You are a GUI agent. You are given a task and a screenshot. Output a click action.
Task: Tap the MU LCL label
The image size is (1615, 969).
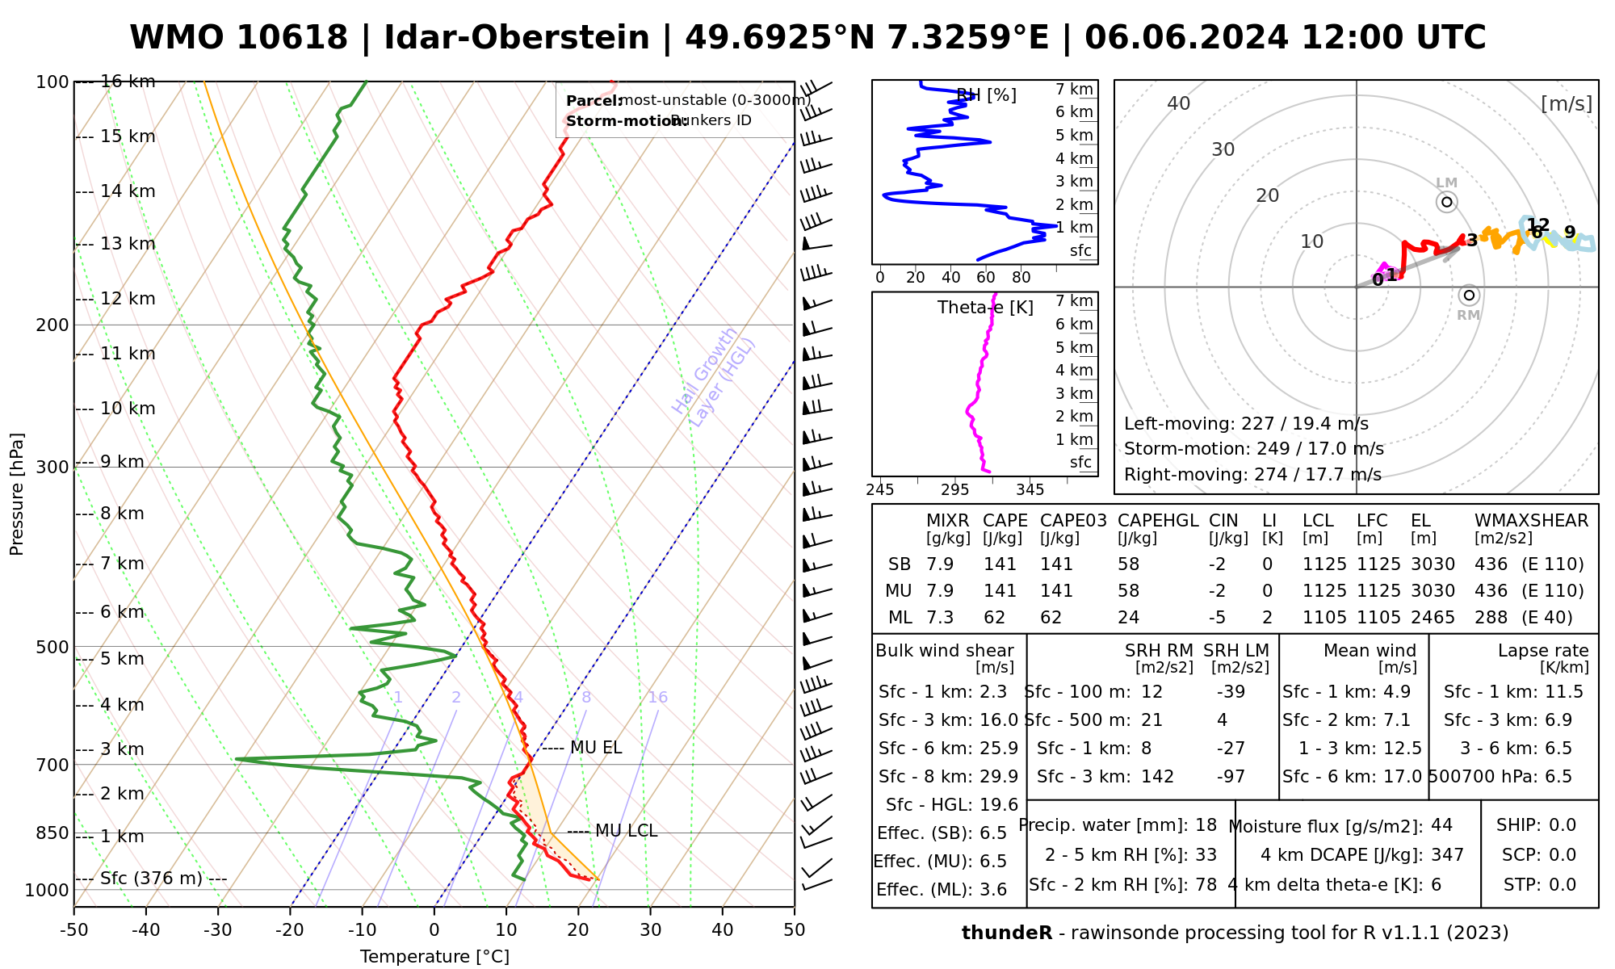click(626, 831)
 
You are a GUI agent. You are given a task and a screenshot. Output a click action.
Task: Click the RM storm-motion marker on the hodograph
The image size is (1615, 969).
click(1469, 296)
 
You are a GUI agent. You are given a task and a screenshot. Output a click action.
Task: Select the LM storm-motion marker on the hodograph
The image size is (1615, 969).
click(1446, 202)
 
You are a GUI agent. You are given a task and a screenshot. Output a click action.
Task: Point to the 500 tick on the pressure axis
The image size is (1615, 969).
click(53, 647)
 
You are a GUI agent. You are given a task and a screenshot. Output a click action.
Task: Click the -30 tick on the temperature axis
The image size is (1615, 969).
click(218, 930)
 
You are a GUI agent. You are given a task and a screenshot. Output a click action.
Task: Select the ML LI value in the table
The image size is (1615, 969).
click(1267, 618)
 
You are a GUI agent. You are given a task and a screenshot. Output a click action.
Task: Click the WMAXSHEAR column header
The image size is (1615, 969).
click(1531, 521)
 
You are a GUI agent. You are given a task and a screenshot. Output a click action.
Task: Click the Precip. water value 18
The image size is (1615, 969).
click(1206, 825)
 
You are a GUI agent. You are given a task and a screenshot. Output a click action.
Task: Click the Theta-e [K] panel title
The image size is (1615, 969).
click(985, 308)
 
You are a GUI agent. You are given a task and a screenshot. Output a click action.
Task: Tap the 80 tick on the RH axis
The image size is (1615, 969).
click(1021, 278)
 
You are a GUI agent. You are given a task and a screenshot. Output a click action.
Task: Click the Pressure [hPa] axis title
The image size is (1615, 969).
click(17, 494)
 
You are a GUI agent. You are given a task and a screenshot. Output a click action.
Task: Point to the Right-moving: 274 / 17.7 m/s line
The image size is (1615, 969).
click(1252, 474)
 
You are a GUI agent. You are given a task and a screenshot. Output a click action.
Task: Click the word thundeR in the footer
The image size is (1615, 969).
click(1006, 933)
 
